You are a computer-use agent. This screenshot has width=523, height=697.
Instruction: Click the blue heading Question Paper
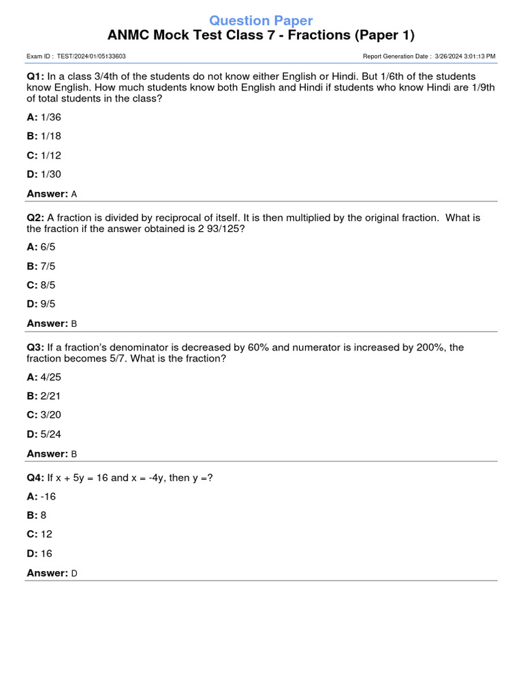pyautogui.click(x=261, y=20)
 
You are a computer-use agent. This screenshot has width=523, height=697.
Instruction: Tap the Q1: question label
pyautogui.click(x=35, y=77)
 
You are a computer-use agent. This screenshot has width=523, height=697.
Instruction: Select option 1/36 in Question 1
pyautogui.click(x=51, y=118)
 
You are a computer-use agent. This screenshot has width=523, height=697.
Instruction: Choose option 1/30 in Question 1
pyautogui.click(x=51, y=175)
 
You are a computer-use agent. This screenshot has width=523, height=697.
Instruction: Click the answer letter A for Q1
pyautogui.click(x=74, y=194)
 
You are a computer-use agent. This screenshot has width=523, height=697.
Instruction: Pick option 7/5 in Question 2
pyautogui.click(x=47, y=266)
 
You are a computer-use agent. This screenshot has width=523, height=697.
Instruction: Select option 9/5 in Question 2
pyautogui.click(x=47, y=304)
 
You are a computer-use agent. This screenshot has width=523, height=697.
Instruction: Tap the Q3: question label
pyautogui.click(x=35, y=348)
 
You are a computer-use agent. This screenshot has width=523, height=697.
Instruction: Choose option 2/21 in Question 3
pyautogui.click(x=51, y=396)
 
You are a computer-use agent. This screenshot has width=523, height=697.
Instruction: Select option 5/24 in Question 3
pyautogui.click(x=51, y=434)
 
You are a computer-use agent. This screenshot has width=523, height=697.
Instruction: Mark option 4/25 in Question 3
pyautogui.click(x=51, y=377)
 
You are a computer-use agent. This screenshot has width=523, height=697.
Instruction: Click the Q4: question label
pyautogui.click(x=35, y=478)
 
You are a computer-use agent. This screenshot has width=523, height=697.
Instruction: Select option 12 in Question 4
pyautogui.click(x=46, y=534)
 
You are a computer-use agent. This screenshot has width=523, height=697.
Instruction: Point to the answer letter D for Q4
pyautogui.click(x=74, y=574)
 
